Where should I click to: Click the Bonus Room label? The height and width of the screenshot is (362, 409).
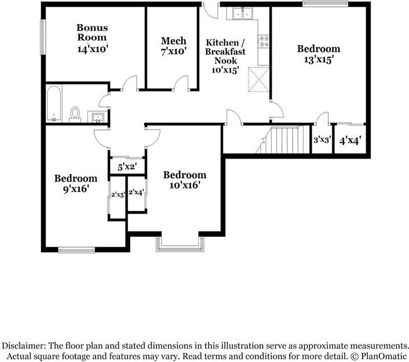click(x=92, y=32)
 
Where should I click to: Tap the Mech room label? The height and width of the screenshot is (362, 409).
click(x=174, y=41)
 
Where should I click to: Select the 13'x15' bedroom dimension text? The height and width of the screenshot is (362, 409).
click(x=319, y=60)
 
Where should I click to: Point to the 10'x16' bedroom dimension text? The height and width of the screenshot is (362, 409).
click(x=185, y=186)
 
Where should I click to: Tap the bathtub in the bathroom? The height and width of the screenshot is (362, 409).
click(x=54, y=104)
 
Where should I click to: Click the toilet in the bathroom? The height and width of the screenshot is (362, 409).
click(x=75, y=114)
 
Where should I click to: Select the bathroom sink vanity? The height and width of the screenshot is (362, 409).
click(x=97, y=117)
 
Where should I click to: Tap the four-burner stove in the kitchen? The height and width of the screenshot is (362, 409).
click(x=264, y=41)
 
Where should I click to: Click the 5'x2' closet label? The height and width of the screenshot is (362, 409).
click(x=127, y=167)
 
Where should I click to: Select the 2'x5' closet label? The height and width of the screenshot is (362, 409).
click(x=118, y=194)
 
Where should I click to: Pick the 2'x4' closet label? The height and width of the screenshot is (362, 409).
click(x=136, y=193)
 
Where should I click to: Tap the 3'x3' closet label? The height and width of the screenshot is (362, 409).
click(x=322, y=140)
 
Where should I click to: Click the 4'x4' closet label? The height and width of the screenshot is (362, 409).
click(x=350, y=141)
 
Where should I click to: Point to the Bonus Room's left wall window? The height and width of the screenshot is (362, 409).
click(x=43, y=37)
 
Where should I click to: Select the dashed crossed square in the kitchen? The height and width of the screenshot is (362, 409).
click(x=258, y=79)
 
